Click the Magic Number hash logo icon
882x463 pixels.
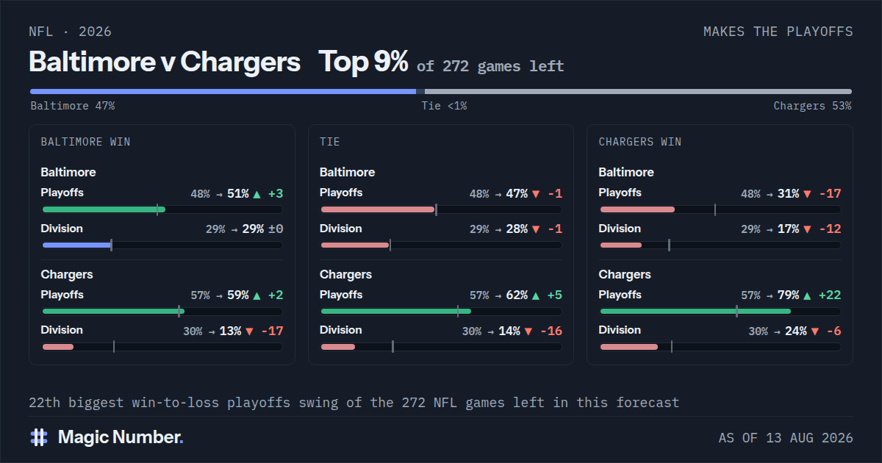click(39, 437)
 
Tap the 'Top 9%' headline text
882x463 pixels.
click(363, 62)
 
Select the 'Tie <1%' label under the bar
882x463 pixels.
click(444, 106)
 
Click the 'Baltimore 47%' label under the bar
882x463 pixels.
click(73, 106)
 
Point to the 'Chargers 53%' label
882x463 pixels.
click(812, 106)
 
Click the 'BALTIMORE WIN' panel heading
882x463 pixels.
click(85, 142)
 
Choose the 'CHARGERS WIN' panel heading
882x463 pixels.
click(640, 142)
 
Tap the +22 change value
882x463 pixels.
click(830, 295)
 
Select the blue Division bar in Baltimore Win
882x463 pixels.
click(76, 245)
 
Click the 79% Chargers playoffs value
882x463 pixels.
click(788, 295)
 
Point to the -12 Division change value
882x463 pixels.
click(830, 229)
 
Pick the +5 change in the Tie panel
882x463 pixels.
click(555, 295)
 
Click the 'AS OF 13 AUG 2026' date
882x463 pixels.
click(786, 438)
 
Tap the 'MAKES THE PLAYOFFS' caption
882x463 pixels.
click(778, 32)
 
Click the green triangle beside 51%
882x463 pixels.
click(257, 194)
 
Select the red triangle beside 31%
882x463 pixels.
click(807, 194)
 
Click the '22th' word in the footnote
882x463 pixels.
click(45, 403)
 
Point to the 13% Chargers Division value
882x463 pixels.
click(230, 331)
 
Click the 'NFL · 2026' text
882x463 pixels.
click(70, 32)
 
